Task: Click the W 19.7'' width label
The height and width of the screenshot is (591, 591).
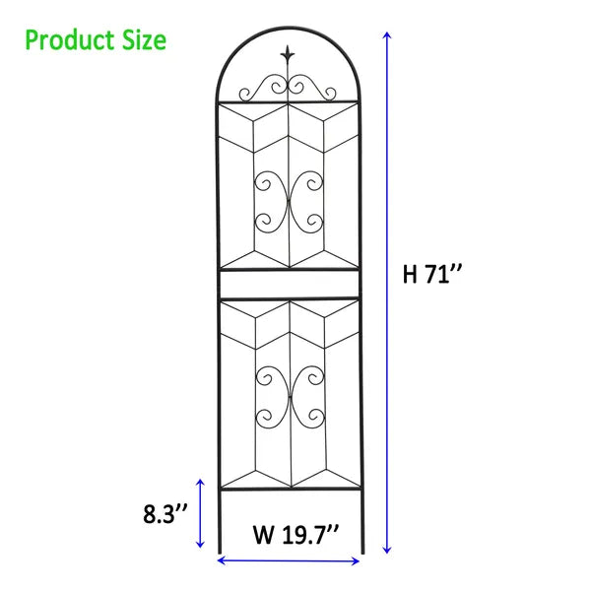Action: pos(295,535)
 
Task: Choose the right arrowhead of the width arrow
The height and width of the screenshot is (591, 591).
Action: pos(359,560)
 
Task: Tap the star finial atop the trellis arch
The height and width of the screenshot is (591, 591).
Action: pos(288,54)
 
